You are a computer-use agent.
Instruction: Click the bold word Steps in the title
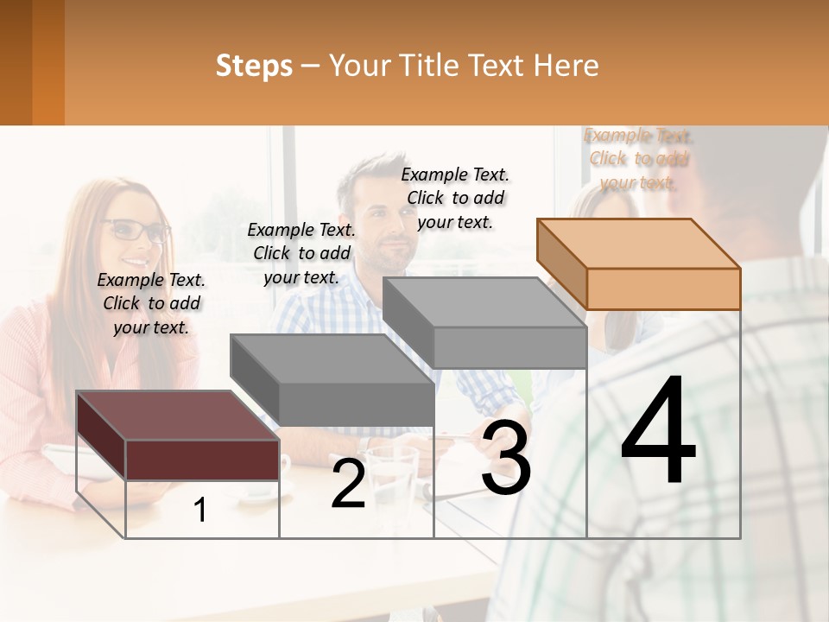point(254,66)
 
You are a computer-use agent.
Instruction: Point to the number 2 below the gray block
point(348,485)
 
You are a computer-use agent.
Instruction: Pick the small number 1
point(200,511)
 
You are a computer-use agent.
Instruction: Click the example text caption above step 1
point(151,303)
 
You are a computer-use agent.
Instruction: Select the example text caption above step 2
point(301,253)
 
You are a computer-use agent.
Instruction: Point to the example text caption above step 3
point(455,198)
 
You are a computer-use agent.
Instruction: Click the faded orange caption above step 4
point(638,159)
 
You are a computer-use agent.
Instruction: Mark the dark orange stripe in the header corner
point(47,62)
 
